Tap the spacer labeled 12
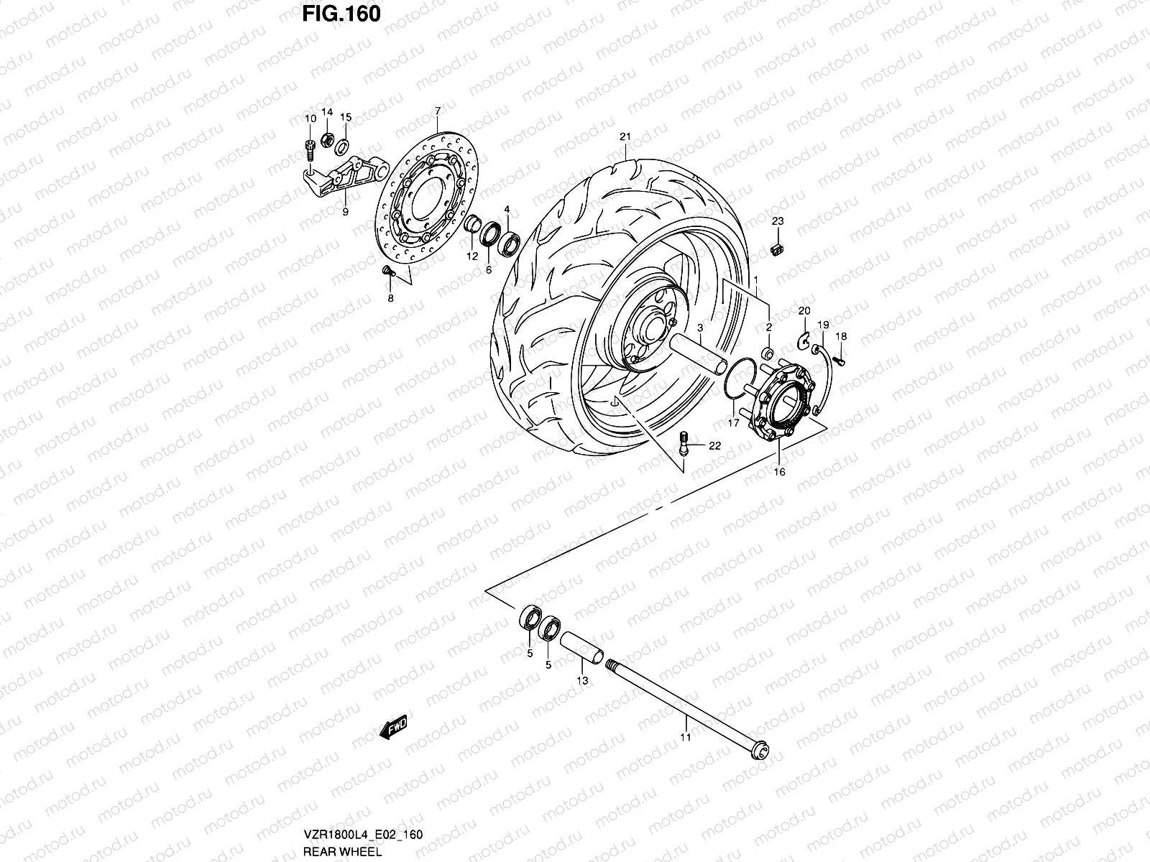473,225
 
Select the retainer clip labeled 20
804,338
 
